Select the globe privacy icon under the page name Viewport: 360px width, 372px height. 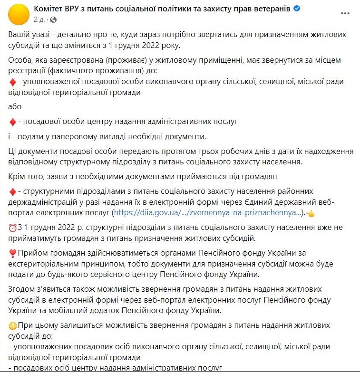[53, 20]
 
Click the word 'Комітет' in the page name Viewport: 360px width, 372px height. [49, 9]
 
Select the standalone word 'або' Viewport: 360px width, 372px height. [15, 106]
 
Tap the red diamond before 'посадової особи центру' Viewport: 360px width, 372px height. [13, 122]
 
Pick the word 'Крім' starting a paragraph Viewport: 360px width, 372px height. [17, 177]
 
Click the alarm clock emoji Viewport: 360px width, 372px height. [13, 227]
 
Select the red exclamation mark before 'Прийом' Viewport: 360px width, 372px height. [12, 253]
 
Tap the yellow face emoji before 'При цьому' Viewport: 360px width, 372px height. [13, 326]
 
